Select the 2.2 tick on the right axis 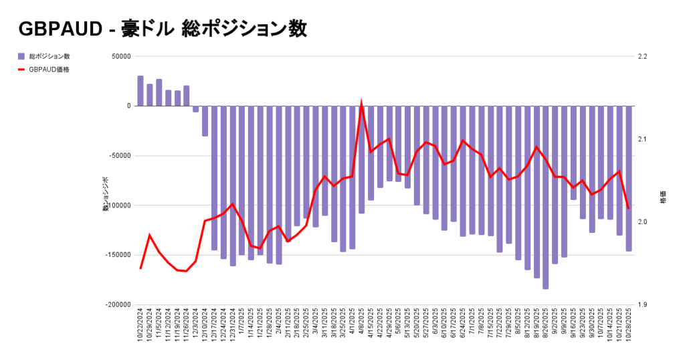(644, 56)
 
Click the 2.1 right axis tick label (644, 139)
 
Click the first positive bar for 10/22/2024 (140, 91)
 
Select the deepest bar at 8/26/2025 (546, 197)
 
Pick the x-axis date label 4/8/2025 (362, 327)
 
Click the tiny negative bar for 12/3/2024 (196, 108)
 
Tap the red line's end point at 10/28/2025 (629, 208)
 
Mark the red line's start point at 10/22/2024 (140, 268)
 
